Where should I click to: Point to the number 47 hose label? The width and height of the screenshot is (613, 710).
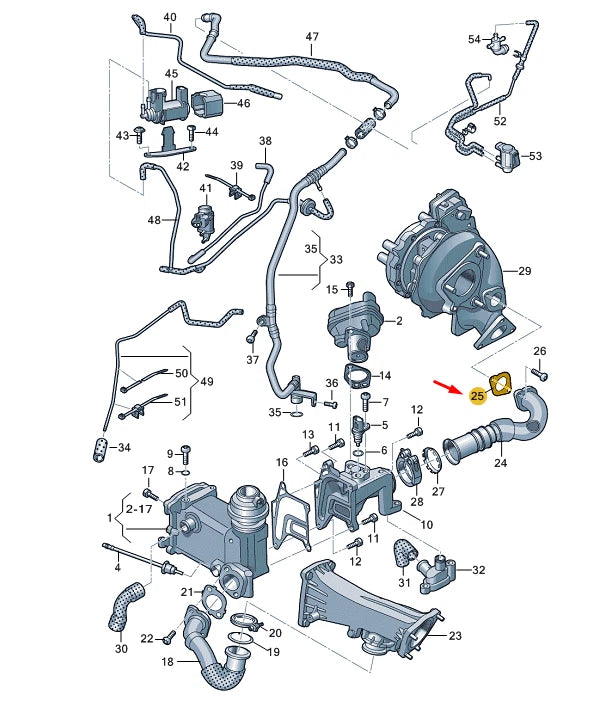[x=312, y=38]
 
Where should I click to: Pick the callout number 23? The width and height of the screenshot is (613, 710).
[x=455, y=635]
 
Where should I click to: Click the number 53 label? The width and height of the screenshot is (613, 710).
[x=535, y=156]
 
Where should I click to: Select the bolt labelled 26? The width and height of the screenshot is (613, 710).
[x=536, y=374]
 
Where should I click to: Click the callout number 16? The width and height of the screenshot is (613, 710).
[x=282, y=462]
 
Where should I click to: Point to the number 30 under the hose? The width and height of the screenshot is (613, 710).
[x=121, y=649]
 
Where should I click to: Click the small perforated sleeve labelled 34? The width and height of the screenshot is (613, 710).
[x=99, y=449]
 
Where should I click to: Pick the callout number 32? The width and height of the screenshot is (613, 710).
[x=479, y=570]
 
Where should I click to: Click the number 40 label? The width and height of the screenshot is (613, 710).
[x=169, y=17]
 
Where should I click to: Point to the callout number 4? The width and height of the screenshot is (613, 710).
[x=116, y=569]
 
